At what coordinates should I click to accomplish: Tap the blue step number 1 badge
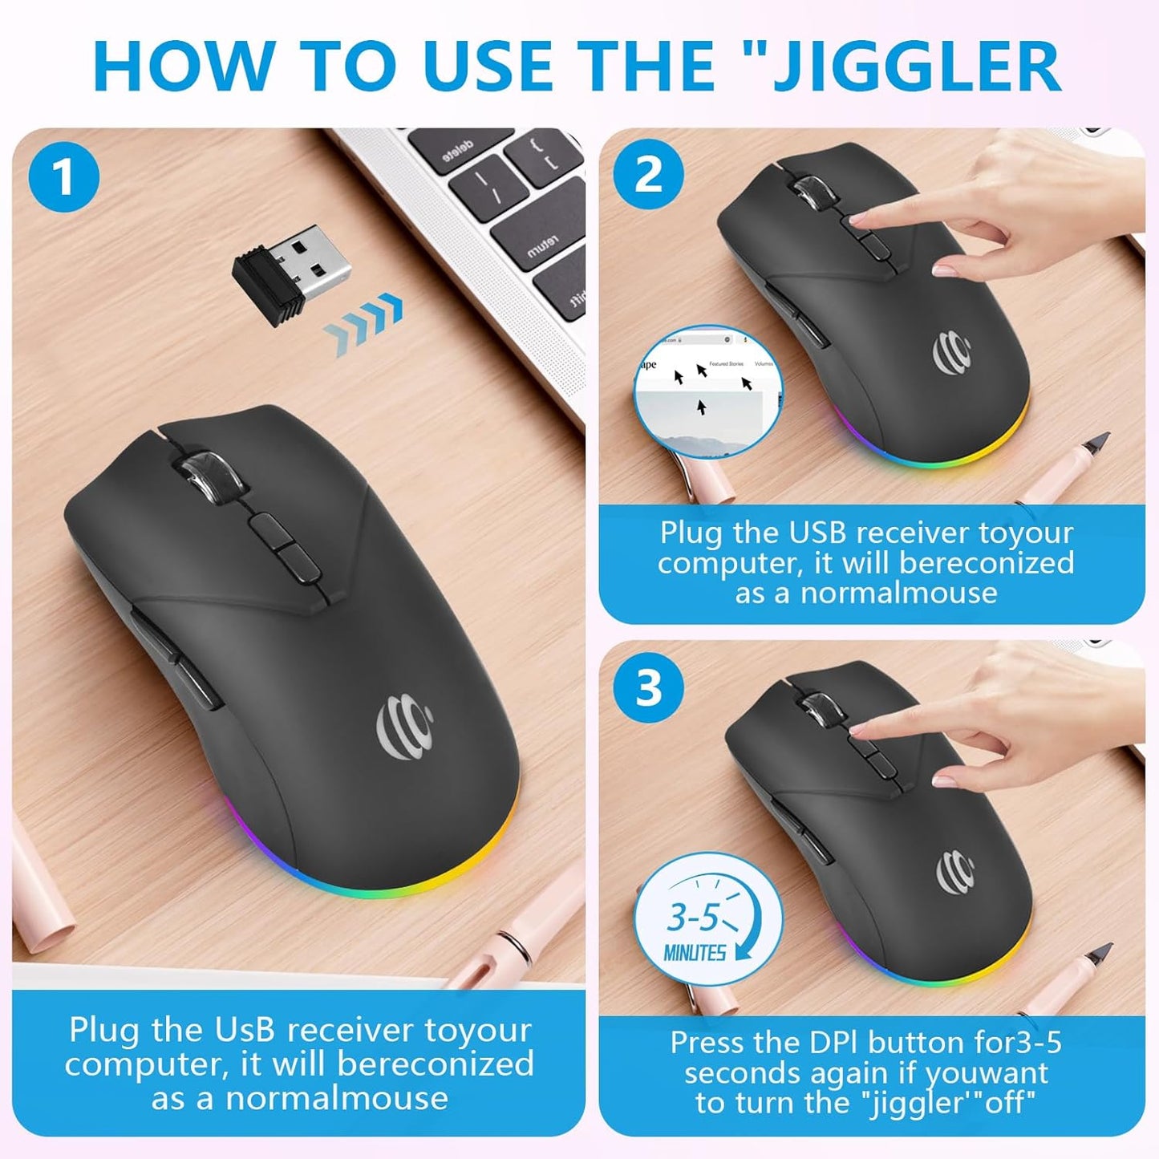coord(64,177)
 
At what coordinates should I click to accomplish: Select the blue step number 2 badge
coord(648,174)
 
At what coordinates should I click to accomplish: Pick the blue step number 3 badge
coord(648,687)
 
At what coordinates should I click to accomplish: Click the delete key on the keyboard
coord(458,150)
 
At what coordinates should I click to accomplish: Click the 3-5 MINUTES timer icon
coord(707,920)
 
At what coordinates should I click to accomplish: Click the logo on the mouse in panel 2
coord(952,354)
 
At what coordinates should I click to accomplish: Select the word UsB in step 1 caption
coord(244,1030)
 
